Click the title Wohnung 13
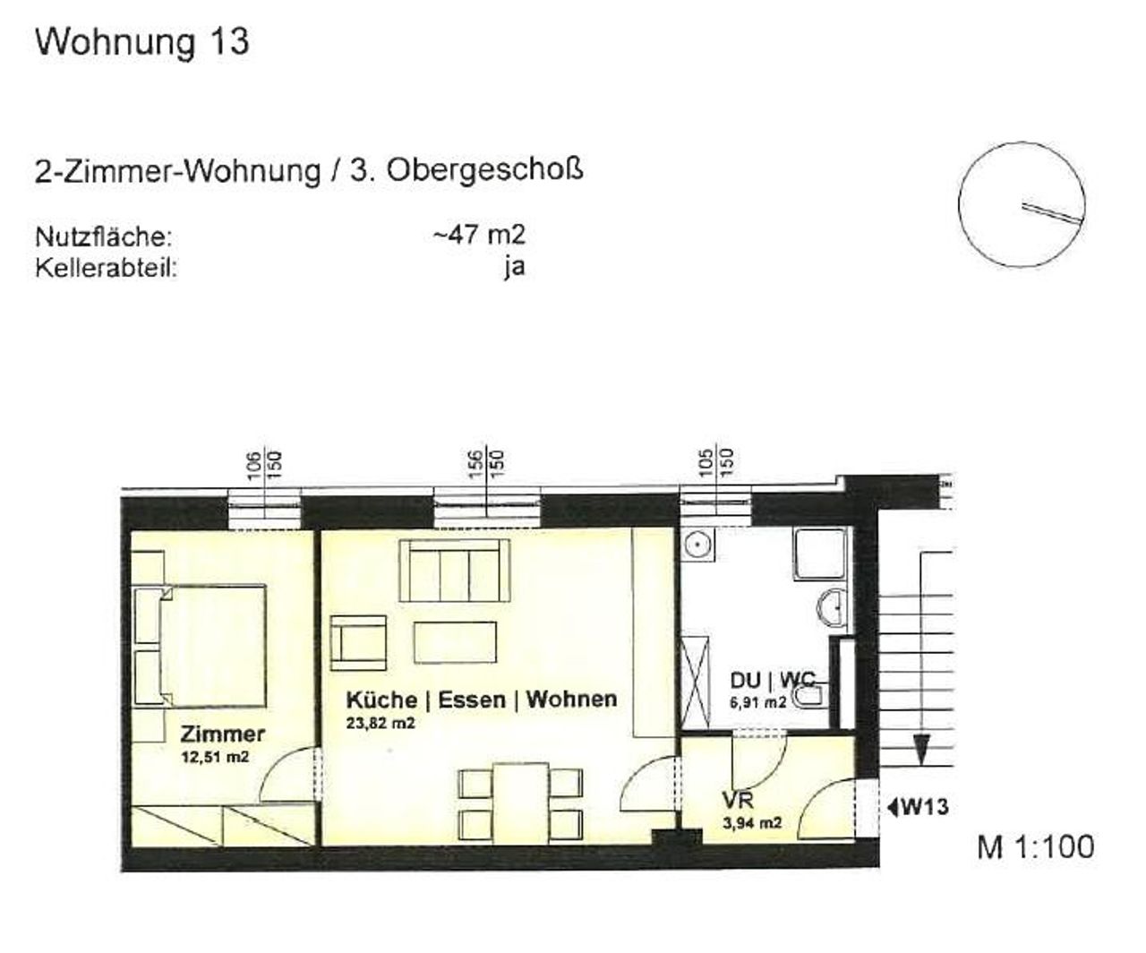142,43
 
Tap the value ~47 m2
479,235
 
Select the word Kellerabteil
106,269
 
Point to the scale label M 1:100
1036,846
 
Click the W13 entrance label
918,807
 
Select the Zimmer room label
222,734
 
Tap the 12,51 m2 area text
215,757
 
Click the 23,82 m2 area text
381,723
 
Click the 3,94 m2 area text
752,823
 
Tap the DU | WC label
772,681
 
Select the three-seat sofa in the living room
455,571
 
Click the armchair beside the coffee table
358,643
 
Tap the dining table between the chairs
520,803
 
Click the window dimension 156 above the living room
476,464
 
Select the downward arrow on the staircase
921,751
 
